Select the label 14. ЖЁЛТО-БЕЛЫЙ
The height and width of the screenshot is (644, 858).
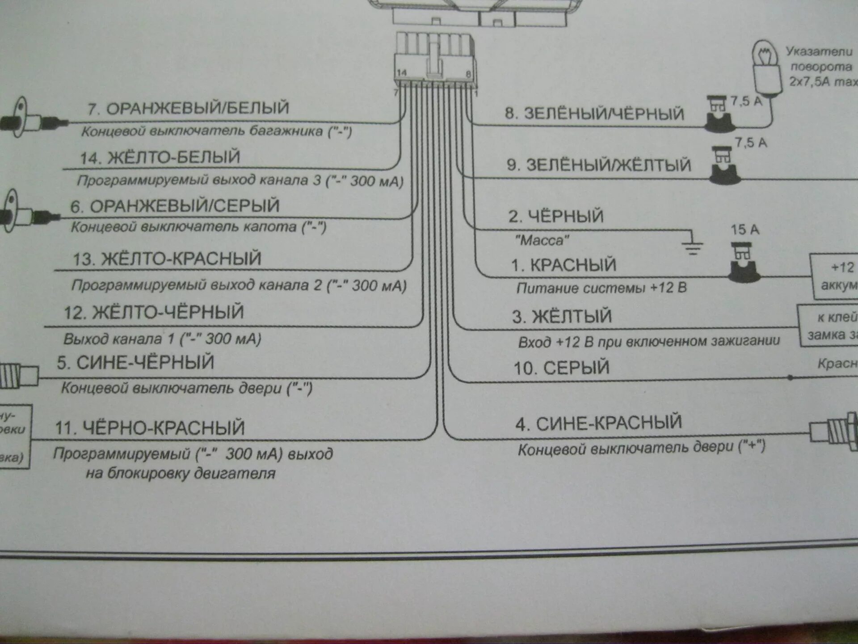(160, 158)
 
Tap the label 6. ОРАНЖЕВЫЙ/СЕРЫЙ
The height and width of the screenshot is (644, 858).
(175, 206)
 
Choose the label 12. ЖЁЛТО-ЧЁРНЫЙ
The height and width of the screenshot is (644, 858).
(154, 312)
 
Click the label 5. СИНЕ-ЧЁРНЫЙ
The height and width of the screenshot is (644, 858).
(135, 363)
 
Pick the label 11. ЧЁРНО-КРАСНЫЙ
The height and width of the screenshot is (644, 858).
(150, 428)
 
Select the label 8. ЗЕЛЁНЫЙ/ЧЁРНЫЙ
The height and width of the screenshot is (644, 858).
(594, 114)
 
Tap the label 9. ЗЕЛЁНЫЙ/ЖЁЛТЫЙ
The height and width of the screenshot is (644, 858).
(599, 165)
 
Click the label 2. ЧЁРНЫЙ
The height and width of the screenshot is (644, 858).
(555, 216)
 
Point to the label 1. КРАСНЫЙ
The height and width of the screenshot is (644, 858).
(564, 265)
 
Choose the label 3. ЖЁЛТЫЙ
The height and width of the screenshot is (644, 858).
(562, 317)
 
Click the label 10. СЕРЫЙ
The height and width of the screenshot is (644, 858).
(561, 368)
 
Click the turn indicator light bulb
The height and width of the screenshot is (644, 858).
(767, 67)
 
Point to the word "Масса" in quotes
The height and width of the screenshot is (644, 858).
(542, 241)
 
